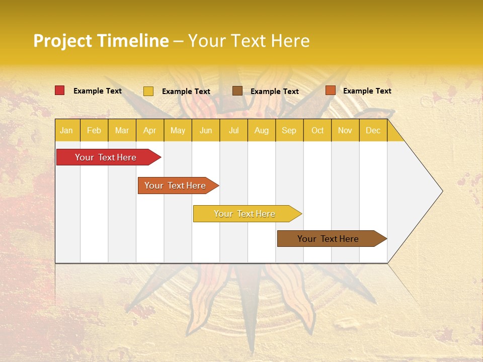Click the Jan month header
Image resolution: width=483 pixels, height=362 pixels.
pyautogui.click(x=66, y=130)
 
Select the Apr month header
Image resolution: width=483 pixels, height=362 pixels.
pyautogui.click(x=150, y=130)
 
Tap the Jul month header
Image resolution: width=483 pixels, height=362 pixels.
pyautogui.click(x=233, y=130)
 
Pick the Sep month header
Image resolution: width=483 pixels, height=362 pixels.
pyautogui.click(x=289, y=130)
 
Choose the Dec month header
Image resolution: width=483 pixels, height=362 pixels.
pyautogui.click(x=373, y=130)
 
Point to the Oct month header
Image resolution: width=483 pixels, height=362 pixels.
pyautogui.click(x=317, y=130)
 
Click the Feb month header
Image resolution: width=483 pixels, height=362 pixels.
pyautogui.click(x=94, y=130)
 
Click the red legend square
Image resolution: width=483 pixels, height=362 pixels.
pyautogui.click(x=60, y=90)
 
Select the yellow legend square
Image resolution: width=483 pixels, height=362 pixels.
pyautogui.click(x=148, y=91)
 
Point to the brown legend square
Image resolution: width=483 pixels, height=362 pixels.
pyautogui.click(x=237, y=90)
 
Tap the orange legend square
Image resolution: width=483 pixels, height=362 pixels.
pyautogui.click(x=330, y=90)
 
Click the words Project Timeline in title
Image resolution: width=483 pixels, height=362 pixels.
pyautogui.click(x=101, y=41)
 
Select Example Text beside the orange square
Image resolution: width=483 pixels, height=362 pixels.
pyautogui.click(x=367, y=91)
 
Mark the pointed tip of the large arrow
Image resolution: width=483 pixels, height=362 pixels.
pyautogui.click(x=442, y=191)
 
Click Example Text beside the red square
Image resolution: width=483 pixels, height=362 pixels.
pyautogui.click(x=98, y=91)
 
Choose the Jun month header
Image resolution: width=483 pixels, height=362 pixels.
pyautogui.click(x=206, y=130)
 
